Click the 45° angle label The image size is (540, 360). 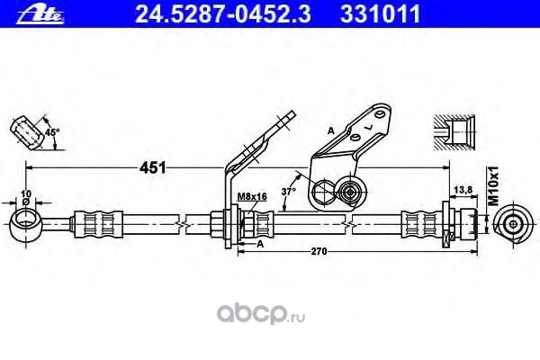[x=52, y=132]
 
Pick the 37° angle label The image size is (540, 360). [x=288, y=191]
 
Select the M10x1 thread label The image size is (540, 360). [x=492, y=181]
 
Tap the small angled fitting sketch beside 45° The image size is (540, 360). [x=31, y=131]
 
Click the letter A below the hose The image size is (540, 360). [x=260, y=243]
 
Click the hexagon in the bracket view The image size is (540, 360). [x=322, y=192]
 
